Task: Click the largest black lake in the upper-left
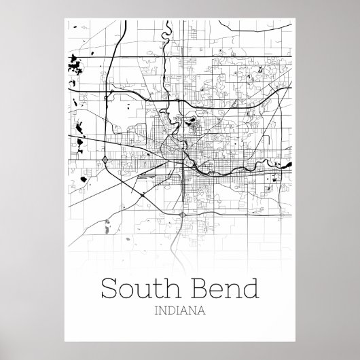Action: [73, 68]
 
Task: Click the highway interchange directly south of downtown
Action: [183, 215]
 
